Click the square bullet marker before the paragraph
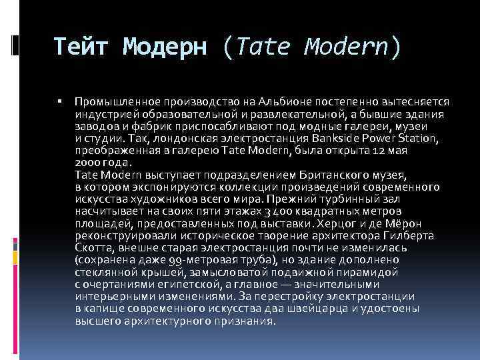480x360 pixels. (x=59, y=101)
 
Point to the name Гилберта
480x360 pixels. (x=410, y=235)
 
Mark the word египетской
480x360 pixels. (x=185, y=284)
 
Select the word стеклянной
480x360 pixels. (x=107, y=272)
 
